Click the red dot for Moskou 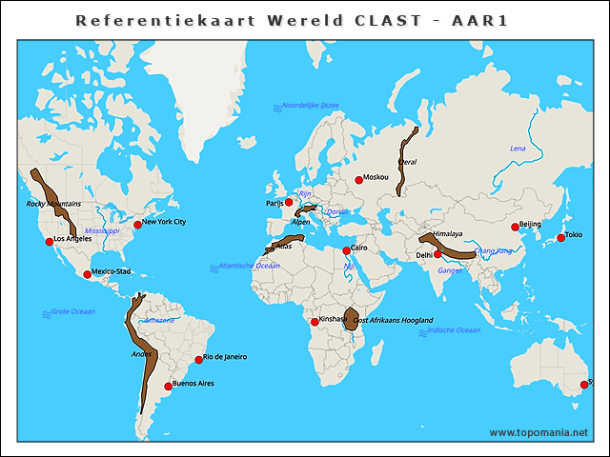pyautogui.click(x=358, y=180)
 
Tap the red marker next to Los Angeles pyautogui.click(x=50, y=241)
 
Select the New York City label pyautogui.click(x=165, y=222)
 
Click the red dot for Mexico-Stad pyautogui.click(x=88, y=274)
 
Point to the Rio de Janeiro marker pyautogui.click(x=198, y=359)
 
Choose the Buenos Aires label pyautogui.click(x=193, y=384)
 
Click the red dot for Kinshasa pyautogui.click(x=315, y=322)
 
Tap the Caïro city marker pyautogui.click(x=346, y=251)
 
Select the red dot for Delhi pyautogui.click(x=437, y=254)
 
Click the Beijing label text pyautogui.click(x=530, y=224)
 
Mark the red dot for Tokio pyautogui.click(x=560, y=237)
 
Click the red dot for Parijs pyautogui.click(x=289, y=202)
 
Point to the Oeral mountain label pyautogui.click(x=407, y=162)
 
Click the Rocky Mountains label pyautogui.click(x=53, y=204)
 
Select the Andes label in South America pyautogui.click(x=141, y=354)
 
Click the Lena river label pyautogui.click(x=518, y=149)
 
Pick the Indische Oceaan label pyautogui.click(x=454, y=330)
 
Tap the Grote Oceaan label pyautogui.click(x=73, y=312)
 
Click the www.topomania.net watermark pyautogui.click(x=539, y=432)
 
